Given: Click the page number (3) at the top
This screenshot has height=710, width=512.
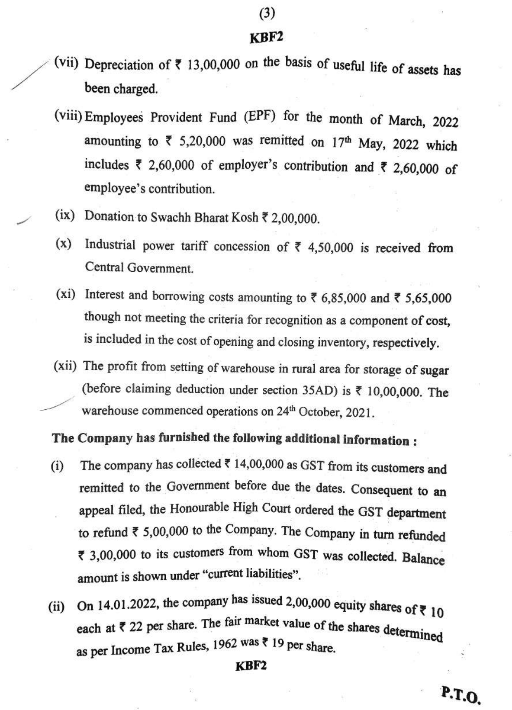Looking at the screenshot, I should tap(267, 14).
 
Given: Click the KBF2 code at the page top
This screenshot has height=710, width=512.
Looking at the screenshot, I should tap(266, 38).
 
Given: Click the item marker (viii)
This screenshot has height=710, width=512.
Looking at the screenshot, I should tap(68, 116).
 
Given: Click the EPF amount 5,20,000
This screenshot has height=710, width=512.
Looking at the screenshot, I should tap(202, 141).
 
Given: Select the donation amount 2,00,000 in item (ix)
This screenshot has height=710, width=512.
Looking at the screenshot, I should tap(295, 218).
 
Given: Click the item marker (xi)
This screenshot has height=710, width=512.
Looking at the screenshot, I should tap(66, 294).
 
